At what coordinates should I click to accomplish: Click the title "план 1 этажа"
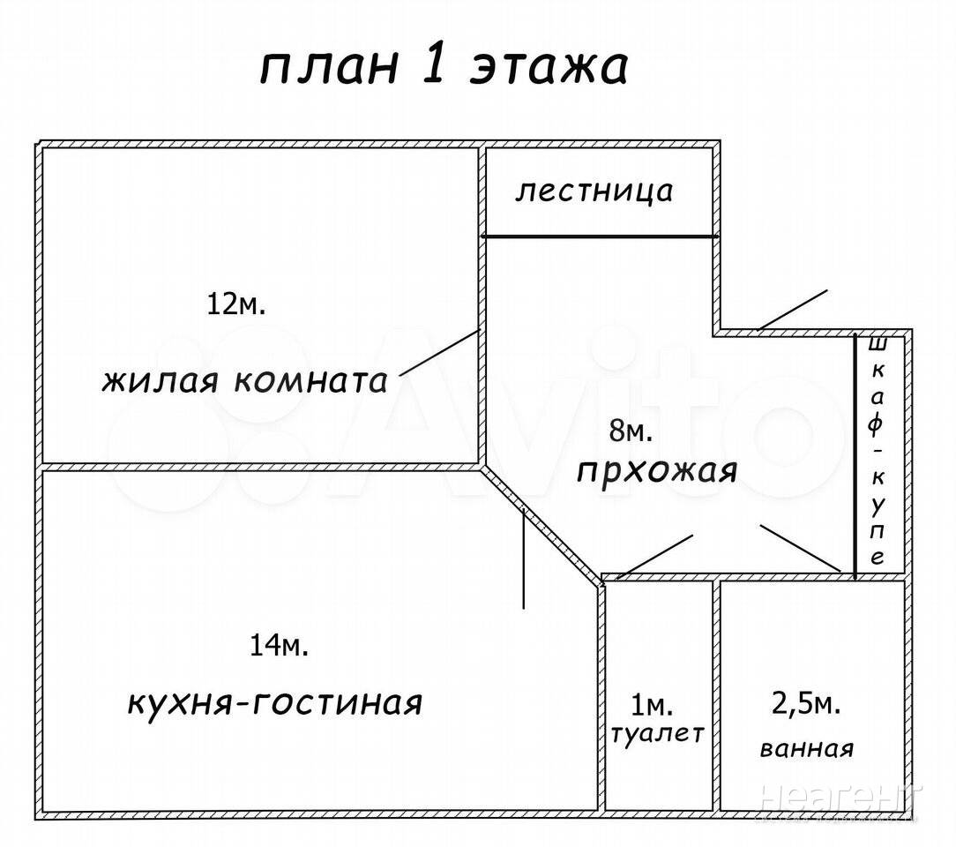[444, 67]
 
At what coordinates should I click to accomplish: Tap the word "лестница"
[594, 191]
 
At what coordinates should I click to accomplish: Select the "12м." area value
[235, 304]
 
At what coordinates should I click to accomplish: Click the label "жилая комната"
[245, 382]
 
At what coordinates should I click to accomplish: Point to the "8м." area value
[631, 431]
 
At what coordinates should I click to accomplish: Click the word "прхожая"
[657, 471]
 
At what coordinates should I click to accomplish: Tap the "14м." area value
[279, 646]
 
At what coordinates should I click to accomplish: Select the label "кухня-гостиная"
[275, 703]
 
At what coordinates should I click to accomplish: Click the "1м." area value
[652, 705]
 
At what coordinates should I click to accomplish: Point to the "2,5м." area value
[805, 704]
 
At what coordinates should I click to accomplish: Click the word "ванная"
[806, 750]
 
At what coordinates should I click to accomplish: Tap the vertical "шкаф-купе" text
[877, 450]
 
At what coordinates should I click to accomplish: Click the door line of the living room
[438, 352]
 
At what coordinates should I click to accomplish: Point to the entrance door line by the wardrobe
[792, 310]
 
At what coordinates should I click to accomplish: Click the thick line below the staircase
[600, 236]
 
